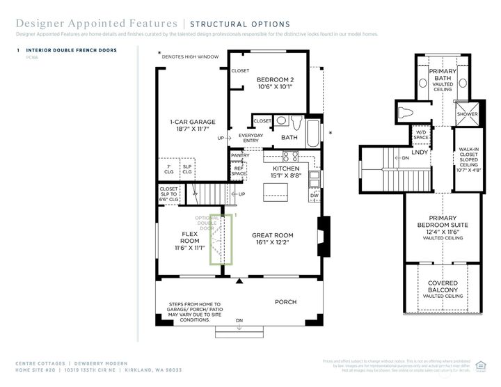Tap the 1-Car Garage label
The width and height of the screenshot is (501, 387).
point(193,126)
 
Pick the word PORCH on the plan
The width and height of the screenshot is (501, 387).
point(285,302)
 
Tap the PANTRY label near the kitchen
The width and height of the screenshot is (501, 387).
point(240,155)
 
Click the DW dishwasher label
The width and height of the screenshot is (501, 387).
point(315,196)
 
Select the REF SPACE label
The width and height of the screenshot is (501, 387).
point(239,171)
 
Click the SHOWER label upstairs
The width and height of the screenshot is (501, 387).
point(467,114)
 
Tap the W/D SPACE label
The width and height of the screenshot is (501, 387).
point(421,134)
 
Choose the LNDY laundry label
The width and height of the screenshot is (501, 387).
point(420,152)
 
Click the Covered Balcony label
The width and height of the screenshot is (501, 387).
point(443,289)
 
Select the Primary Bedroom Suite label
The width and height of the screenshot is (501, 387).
point(443,226)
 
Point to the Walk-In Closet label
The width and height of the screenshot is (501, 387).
point(468,159)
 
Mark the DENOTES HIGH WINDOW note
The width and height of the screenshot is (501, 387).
point(190,56)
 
